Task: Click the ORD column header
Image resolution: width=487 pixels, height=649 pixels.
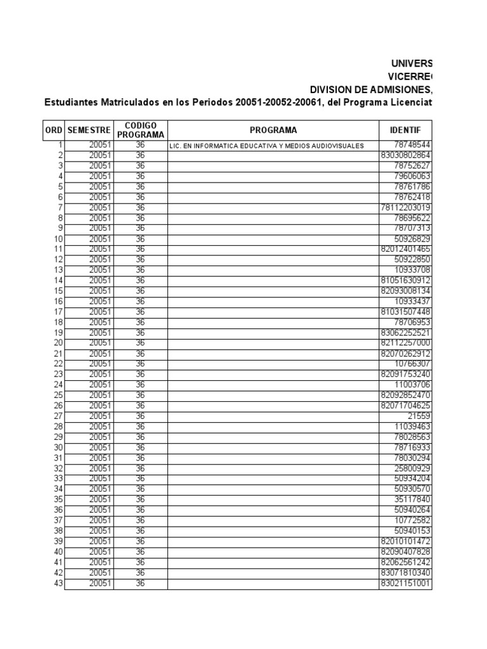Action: [53, 130]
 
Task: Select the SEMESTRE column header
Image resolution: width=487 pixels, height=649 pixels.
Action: [89, 130]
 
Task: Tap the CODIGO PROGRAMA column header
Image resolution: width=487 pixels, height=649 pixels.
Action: [141, 130]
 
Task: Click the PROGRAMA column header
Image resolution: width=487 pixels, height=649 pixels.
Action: [273, 130]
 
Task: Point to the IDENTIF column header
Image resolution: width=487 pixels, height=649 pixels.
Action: [405, 130]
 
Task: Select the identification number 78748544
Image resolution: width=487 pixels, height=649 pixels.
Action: [412, 145]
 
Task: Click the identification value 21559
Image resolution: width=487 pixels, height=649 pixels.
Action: [419, 416]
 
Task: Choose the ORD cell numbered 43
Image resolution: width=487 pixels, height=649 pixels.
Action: [58, 583]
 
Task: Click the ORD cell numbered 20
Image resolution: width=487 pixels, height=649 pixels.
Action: [58, 343]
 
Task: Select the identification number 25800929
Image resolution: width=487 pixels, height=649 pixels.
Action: [412, 468]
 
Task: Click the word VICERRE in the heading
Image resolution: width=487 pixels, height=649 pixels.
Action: [410, 76]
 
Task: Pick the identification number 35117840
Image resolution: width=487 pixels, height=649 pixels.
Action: [412, 499]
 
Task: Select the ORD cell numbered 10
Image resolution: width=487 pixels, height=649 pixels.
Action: [58, 239]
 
